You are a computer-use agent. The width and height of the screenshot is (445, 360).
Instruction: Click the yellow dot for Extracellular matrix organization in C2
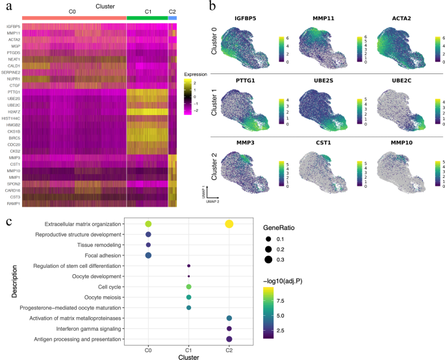pyautogui.click(x=229, y=224)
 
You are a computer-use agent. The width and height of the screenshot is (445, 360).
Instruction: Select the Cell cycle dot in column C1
pyautogui.click(x=188, y=287)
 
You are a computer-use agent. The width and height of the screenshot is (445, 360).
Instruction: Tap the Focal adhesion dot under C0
pyautogui.click(x=148, y=255)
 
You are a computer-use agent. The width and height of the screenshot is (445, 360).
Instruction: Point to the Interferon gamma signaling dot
pyautogui.click(x=229, y=329)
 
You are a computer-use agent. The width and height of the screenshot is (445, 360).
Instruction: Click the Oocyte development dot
pyautogui.click(x=188, y=276)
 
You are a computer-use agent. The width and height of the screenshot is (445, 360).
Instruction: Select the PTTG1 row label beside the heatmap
pyautogui.click(x=14, y=93)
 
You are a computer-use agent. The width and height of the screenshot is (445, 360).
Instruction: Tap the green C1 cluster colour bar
pyautogui.click(x=147, y=19)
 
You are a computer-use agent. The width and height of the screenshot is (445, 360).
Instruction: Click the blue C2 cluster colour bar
pyautogui.click(x=172, y=19)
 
